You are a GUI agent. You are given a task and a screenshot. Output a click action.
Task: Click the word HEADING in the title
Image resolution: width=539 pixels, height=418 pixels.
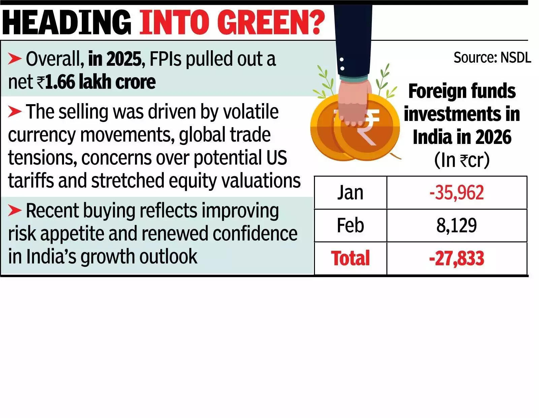pyautogui.click(x=67, y=22)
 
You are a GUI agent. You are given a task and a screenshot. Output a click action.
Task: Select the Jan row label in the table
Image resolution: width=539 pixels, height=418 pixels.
pyautogui.click(x=350, y=192)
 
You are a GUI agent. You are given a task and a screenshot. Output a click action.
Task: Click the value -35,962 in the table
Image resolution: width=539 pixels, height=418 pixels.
pyautogui.click(x=456, y=192)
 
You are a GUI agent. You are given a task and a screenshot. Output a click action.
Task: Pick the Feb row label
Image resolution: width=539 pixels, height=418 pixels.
pyautogui.click(x=350, y=225)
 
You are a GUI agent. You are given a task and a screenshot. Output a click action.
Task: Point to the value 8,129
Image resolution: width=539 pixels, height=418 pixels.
pyautogui.click(x=456, y=225)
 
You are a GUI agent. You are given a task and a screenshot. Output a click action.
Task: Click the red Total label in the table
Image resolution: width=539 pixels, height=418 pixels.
pyautogui.click(x=350, y=258)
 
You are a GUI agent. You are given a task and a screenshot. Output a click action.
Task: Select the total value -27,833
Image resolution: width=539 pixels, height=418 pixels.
pyautogui.click(x=456, y=258)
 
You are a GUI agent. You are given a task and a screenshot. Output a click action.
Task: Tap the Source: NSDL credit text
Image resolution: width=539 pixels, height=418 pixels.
pyautogui.click(x=492, y=58)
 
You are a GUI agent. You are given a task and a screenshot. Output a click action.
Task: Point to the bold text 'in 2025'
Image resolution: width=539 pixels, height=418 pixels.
pyautogui.click(x=115, y=59)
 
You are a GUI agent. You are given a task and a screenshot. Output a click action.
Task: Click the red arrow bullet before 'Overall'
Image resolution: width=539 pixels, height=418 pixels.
pyautogui.click(x=15, y=59)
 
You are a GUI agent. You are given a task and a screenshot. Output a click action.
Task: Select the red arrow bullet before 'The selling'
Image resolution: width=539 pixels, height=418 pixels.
pyautogui.click(x=15, y=112)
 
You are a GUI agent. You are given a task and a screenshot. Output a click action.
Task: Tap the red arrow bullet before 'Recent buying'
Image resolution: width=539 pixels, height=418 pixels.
pyautogui.click(x=15, y=210)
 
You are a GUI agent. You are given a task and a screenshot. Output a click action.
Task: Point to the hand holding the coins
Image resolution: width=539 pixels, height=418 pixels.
pyautogui.click(x=354, y=101)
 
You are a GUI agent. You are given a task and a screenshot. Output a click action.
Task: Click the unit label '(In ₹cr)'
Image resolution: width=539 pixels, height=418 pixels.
pyautogui.click(x=462, y=160)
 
